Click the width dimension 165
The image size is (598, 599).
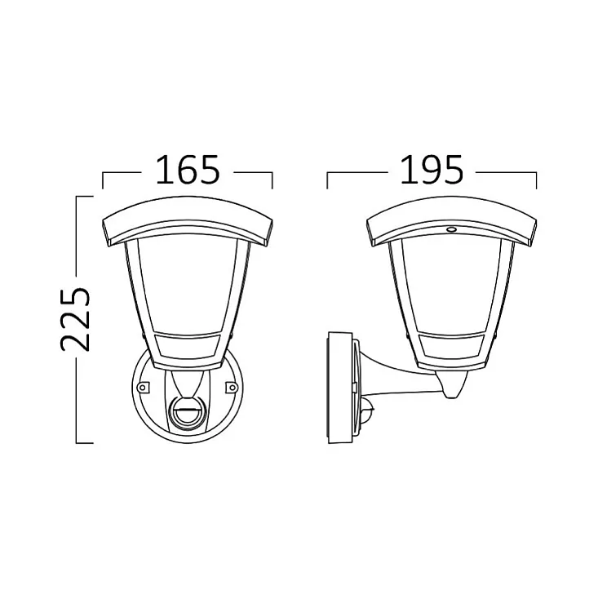tap(187, 169)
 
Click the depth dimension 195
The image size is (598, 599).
tap(432, 169)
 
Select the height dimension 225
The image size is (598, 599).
tap(75, 318)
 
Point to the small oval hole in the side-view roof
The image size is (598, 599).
tap(448, 230)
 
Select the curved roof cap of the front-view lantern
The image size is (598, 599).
tap(187, 220)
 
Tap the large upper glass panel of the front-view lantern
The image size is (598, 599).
tap(187, 286)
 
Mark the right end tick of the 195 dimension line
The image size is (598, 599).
tap(536, 180)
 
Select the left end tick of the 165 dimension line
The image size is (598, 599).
tap(101, 180)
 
